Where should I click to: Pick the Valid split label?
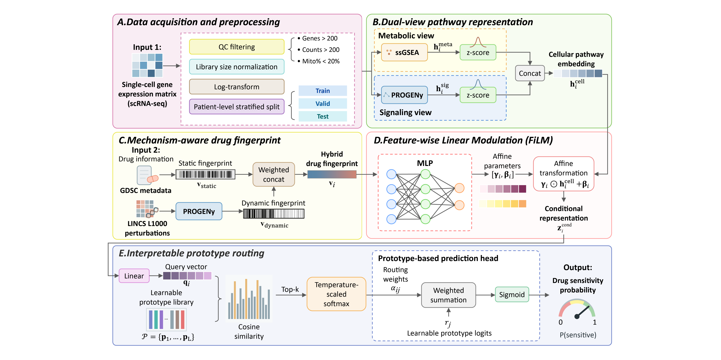click(323, 104)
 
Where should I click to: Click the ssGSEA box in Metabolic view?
click(404, 52)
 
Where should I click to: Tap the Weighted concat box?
click(274, 175)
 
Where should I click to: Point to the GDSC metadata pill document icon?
click(147, 176)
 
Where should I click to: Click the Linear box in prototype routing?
click(134, 276)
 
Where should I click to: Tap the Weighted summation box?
click(448, 295)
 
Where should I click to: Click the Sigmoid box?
click(512, 294)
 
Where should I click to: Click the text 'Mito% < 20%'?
click(321, 61)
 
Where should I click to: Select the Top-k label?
click(290, 289)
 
